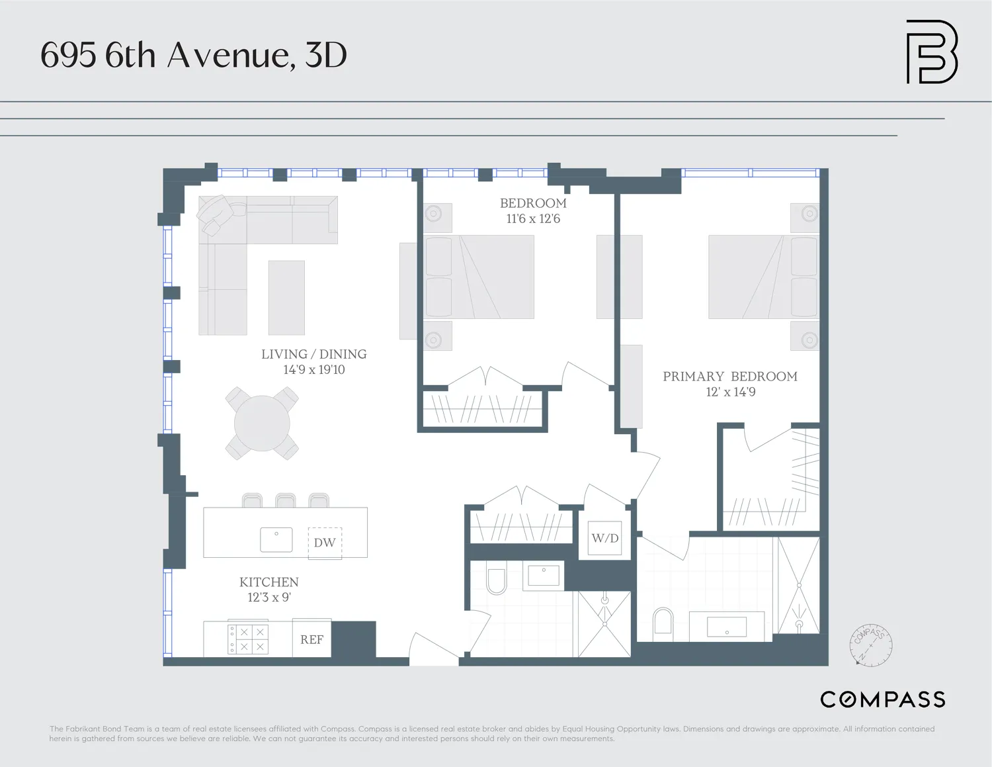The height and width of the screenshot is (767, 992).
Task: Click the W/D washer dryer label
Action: pyautogui.click(x=605, y=538)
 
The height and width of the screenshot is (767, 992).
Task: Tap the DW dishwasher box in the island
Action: pyautogui.click(x=325, y=543)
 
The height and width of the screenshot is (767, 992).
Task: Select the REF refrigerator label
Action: pyautogui.click(x=311, y=639)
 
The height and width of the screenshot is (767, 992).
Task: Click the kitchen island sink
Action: pyautogui.click(x=276, y=539)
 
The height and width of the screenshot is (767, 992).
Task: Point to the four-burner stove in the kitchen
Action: pyautogui.click(x=248, y=639)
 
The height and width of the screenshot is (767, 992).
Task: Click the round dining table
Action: pyautogui.click(x=262, y=424)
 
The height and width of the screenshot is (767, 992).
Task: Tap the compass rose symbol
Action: pyautogui.click(x=871, y=645)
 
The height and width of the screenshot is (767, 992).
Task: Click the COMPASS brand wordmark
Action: pyautogui.click(x=882, y=699)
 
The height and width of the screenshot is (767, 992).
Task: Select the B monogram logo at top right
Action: pyautogui.click(x=931, y=52)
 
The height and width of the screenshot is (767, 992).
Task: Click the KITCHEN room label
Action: pyautogui.click(x=269, y=582)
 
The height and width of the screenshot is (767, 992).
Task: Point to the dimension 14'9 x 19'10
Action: pyautogui.click(x=314, y=370)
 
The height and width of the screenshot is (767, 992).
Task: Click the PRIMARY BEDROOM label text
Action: pyautogui.click(x=730, y=377)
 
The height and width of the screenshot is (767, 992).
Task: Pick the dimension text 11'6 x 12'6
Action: pyautogui.click(x=533, y=219)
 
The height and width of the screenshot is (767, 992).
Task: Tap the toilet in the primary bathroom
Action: pyautogui.click(x=663, y=622)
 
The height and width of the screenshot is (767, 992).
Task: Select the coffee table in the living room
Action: pyautogui.click(x=286, y=298)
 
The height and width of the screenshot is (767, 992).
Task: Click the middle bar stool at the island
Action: pyautogui.click(x=286, y=500)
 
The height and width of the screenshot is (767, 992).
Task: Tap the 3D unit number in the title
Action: pyautogui.click(x=326, y=55)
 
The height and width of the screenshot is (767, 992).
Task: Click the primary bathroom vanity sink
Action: pyautogui.click(x=727, y=626)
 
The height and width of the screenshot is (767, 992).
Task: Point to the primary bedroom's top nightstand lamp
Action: pyautogui.click(x=809, y=214)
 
